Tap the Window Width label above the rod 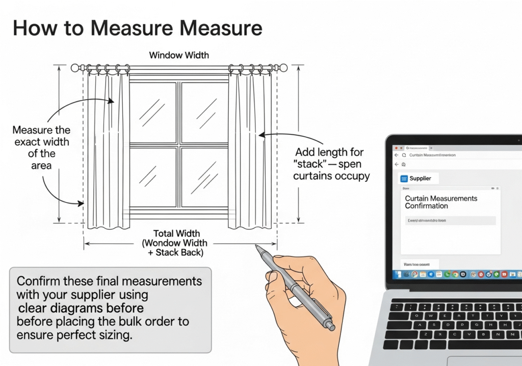pyautogui.click(x=178, y=55)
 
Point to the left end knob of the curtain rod pyautogui.click(x=75, y=67)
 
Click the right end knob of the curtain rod pyautogui.click(x=283, y=67)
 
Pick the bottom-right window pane pyautogui.click(x=204, y=176)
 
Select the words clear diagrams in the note pyautogui.click(x=81, y=308)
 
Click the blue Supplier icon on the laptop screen pyautogui.click(x=404, y=179)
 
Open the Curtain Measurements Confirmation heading pyautogui.click(x=441, y=202)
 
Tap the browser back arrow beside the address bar pyautogui.click(x=396, y=155)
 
